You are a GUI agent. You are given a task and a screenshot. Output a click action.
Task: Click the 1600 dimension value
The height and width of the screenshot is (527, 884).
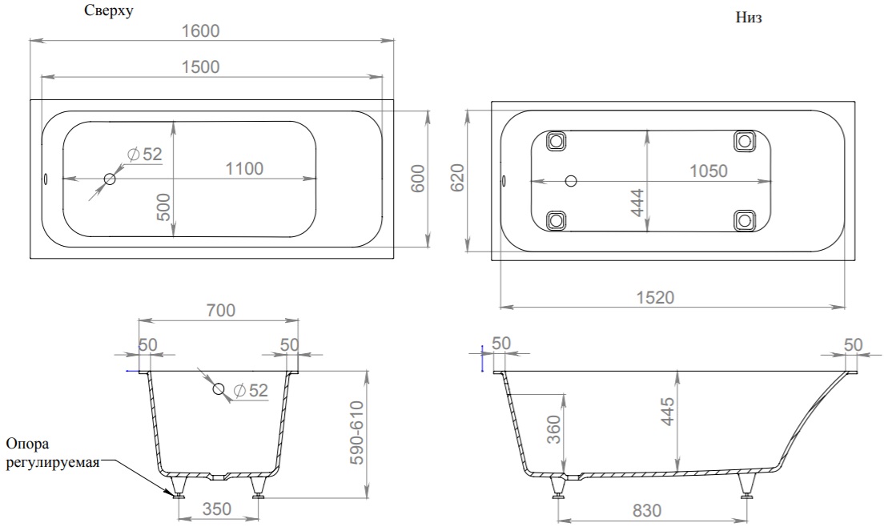coord(201,30)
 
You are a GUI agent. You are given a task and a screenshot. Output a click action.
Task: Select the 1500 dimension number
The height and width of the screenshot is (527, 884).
coord(201,67)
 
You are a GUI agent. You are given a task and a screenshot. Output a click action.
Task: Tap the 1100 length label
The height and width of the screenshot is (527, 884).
coord(245,168)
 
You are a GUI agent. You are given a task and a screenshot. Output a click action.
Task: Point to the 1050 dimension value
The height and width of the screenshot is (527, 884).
coord(709,171)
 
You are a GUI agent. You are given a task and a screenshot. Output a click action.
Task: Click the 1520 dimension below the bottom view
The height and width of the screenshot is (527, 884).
coord(655,297)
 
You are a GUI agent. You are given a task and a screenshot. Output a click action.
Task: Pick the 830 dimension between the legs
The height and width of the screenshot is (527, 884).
coord(647,511)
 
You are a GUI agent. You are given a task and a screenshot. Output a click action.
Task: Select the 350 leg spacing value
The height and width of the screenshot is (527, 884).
coord(217,509)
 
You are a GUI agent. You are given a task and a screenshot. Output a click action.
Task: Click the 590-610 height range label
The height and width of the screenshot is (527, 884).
coord(357,432)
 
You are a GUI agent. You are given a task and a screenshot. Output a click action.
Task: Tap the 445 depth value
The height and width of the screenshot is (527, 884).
coord(667,412)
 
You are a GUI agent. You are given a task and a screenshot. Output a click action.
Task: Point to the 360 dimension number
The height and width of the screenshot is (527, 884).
coord(554,429)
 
